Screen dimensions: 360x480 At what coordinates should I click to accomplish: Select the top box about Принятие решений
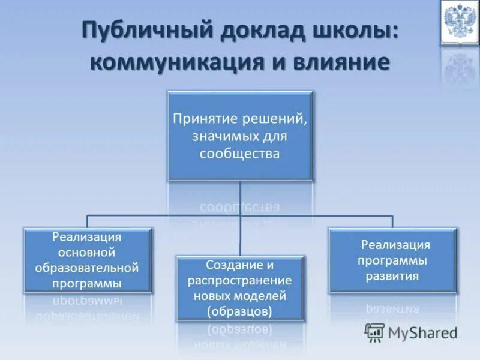[x=240, y=136]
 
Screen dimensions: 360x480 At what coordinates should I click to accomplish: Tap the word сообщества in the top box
[x=240, y=154]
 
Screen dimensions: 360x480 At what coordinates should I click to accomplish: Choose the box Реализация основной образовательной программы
[x=87, y=259]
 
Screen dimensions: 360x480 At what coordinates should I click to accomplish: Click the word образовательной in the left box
[x=87, y=266]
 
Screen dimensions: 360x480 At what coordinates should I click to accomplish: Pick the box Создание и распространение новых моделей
[x=240, y=287]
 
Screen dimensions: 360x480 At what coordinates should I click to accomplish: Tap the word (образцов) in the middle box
[x=240, y=311]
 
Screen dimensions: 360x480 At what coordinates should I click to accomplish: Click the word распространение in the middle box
[x=240, y=280]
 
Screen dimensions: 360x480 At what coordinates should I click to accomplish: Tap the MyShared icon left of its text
[x=374, y=332]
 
